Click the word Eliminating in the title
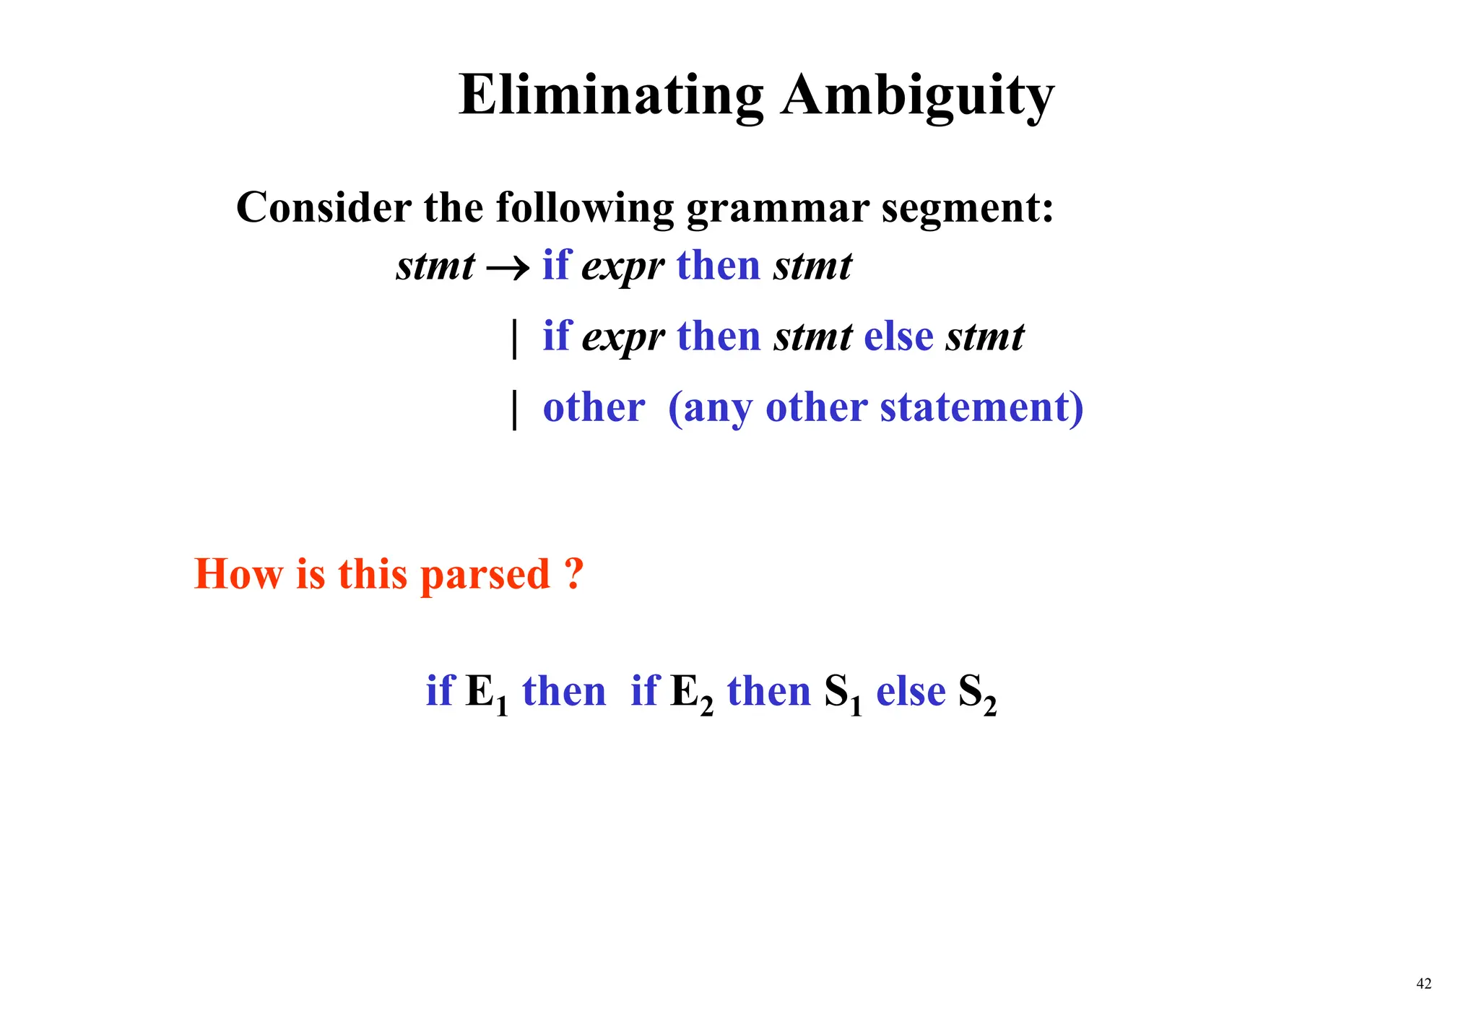tap(611, 95)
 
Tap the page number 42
tap(1423, 983)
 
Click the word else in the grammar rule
tap(898, 337)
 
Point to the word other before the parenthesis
tap(594, 407)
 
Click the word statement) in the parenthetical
tap(981, 407)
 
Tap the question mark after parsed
tap(572, 574)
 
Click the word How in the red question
tap(238, 574)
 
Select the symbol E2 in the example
tap(691, 693)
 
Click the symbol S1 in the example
tap(843, 693)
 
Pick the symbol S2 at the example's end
tap(977, 693)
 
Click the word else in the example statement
tap(910, 691)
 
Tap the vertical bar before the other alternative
tap(514, 409)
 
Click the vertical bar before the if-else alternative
tap(514, 338)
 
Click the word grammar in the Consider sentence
tap(777, 209)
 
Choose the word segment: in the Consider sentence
tap(967, 209)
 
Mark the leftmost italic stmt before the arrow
tap(435, 266)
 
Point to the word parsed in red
tap(485, 576)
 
